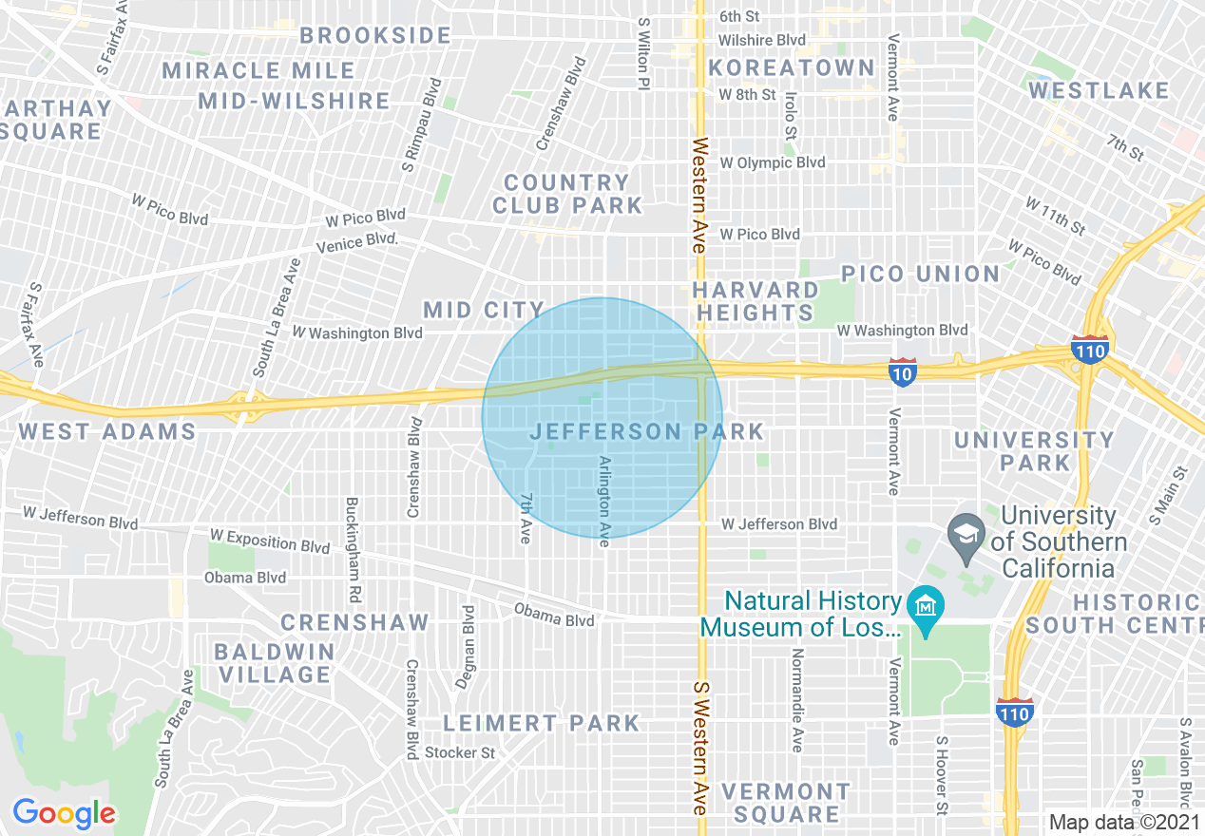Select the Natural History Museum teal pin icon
923,607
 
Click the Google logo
64,813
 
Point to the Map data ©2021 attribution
1124,822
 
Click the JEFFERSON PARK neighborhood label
646,431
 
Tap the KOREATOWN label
791,67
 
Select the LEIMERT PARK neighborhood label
542,723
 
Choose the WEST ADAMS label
107,431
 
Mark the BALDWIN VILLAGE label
274,663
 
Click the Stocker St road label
460,752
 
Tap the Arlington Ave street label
602,501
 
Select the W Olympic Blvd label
772,162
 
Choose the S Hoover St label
942,774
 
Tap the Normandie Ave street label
797,700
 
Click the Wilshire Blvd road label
761,40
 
